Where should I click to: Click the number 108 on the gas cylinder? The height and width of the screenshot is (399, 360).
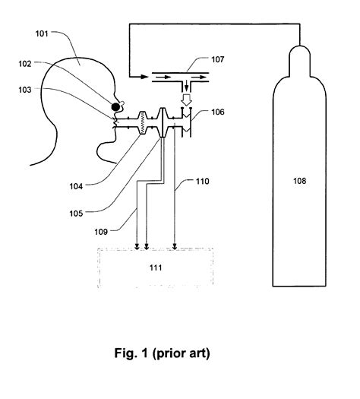click(302, 182)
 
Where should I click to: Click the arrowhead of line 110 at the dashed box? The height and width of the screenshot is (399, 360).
click(175, 245)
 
